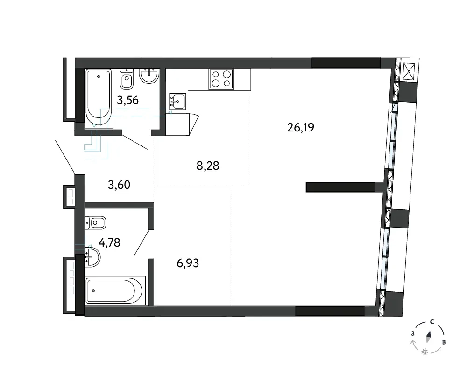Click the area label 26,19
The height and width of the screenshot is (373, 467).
(300, 128)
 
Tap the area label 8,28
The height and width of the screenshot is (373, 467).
(208, 166)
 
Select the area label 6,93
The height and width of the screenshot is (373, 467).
(188, 263)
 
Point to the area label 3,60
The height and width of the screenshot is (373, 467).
(119, 185)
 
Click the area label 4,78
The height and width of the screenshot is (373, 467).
(109, 243)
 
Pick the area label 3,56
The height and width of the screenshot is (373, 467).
(128, 100)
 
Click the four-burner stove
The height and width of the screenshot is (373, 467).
(221, 79)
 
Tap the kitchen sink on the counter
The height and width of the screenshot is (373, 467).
(177, 101)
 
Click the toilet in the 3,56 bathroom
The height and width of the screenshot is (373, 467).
(127, 78)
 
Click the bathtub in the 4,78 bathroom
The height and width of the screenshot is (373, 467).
(115, 290)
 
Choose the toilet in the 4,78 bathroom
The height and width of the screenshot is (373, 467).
(96, 222)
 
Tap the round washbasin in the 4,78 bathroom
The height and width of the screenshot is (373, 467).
(92, 257)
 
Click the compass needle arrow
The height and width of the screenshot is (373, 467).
(429, 337)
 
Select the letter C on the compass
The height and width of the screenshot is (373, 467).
(432, 322)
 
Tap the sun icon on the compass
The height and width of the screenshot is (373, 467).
(425, 352)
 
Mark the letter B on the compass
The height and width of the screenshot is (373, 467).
(444, 342)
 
